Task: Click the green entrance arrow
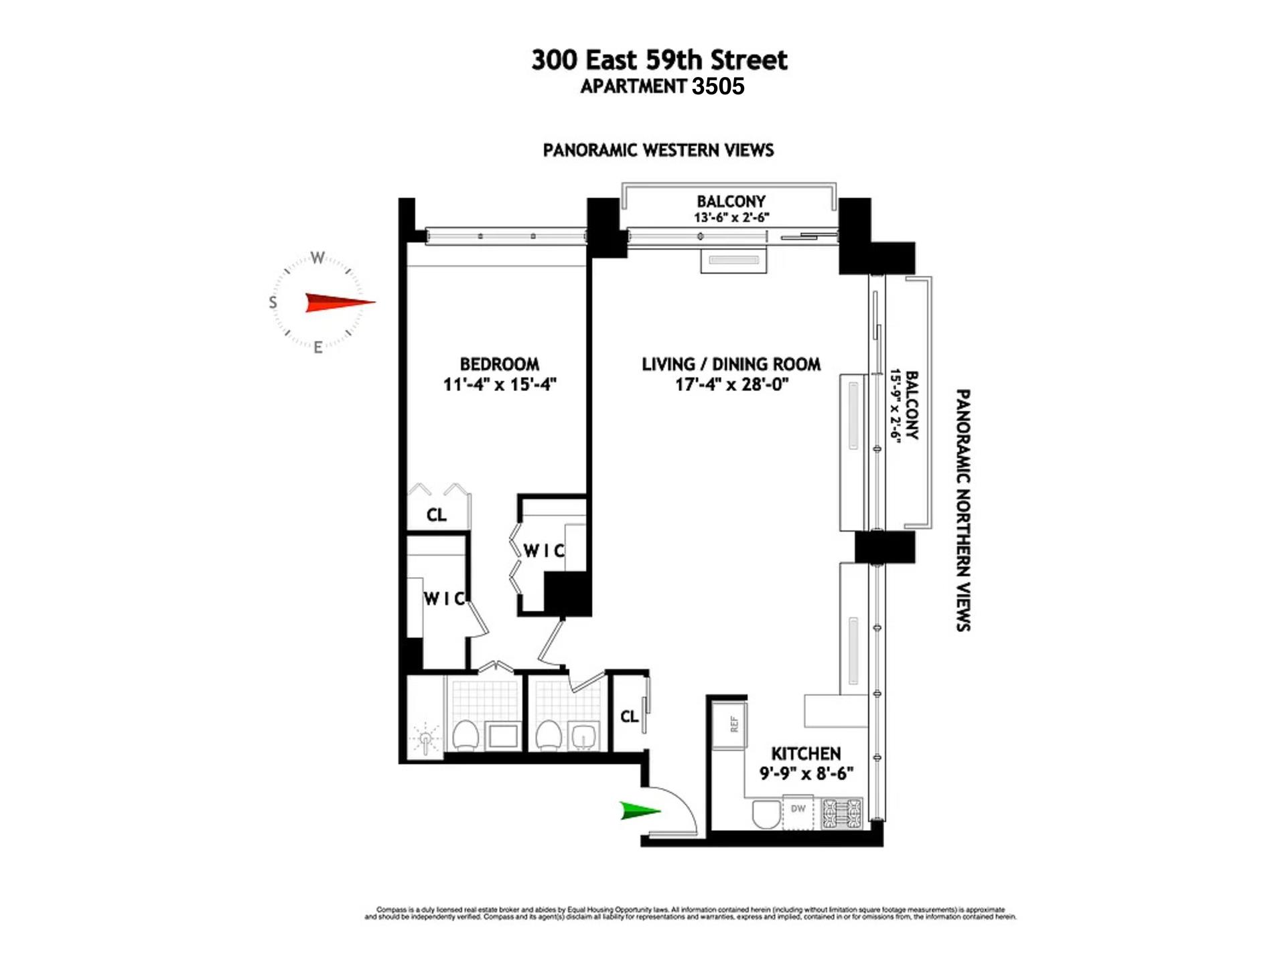click(640, 811)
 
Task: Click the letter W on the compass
click(317, 258)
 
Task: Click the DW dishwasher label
click(798, 809)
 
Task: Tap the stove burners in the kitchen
click(842, 813)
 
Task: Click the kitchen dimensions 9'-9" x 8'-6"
click(806, 774)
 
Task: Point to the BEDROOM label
click(499, 364)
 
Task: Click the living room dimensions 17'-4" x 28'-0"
click(731, 384)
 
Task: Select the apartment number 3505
click(718, 86)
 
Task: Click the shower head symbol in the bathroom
click(426, 740)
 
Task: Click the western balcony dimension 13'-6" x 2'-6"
click(731, 218)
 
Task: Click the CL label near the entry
click(629, 717)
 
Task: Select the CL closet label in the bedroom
click(436, 515)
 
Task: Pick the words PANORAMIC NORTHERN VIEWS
click(963, 510)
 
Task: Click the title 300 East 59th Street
click(659, 60)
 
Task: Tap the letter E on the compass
click(318, 347)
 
